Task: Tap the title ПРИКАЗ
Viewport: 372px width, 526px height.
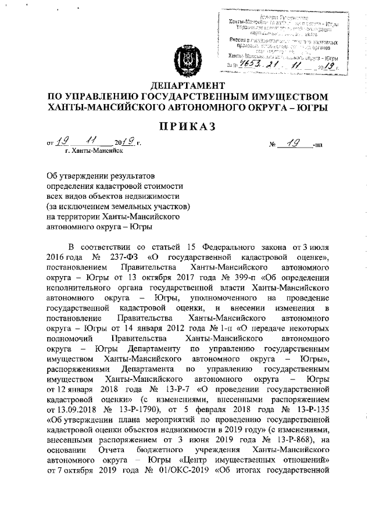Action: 186,127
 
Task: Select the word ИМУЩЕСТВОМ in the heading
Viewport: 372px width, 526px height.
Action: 282,96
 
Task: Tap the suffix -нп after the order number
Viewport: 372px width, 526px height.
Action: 318,143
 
